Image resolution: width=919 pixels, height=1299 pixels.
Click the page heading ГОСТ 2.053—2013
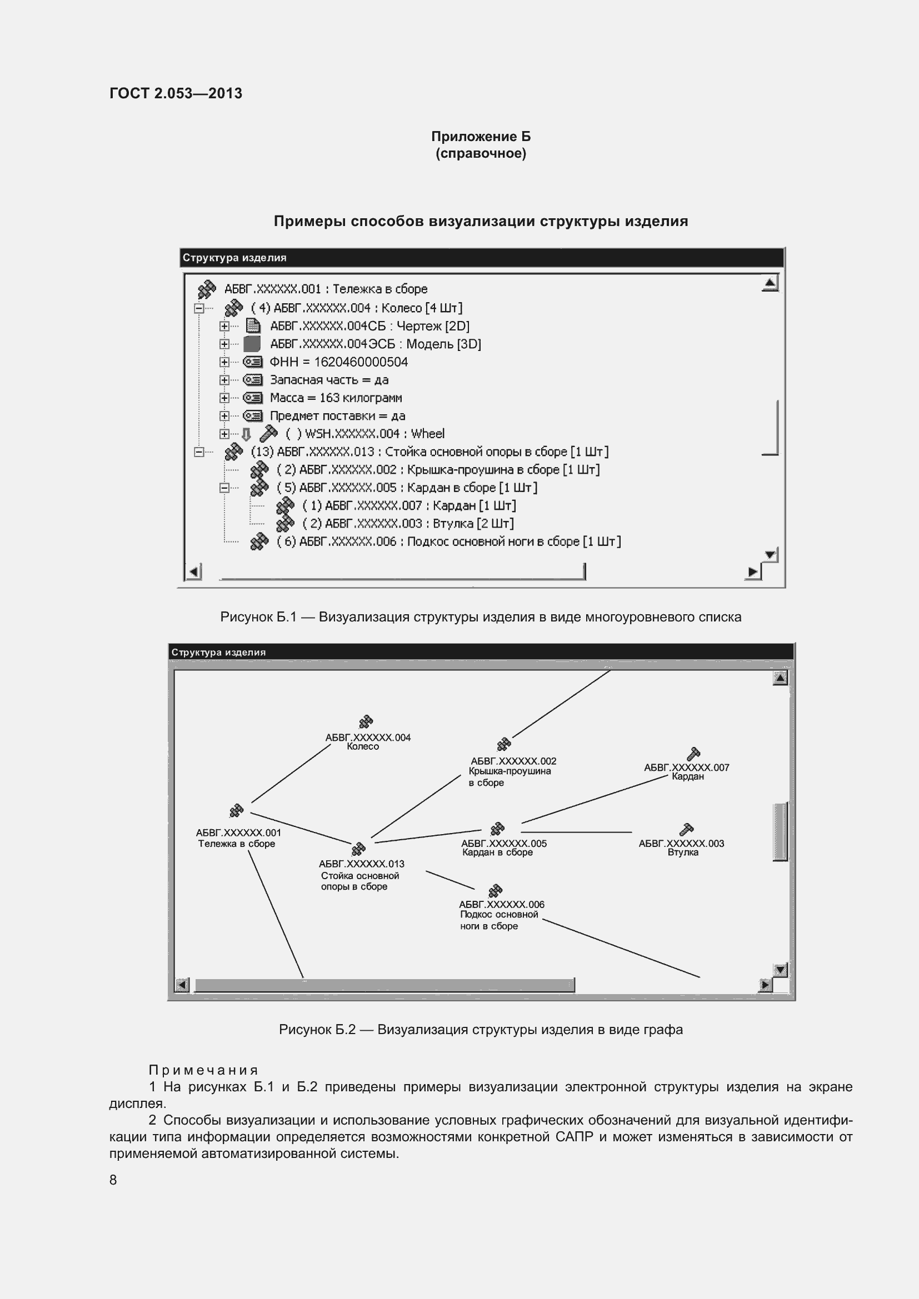click(x=176, y=93)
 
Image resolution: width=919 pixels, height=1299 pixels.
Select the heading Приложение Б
click(x=481, y=137)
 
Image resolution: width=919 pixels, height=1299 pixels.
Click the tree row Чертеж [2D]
click(x=369, y=326)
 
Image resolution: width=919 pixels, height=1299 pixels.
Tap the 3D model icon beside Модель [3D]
click(x=252, y=344)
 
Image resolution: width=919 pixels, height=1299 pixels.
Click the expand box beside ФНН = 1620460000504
click(x=224, y=362)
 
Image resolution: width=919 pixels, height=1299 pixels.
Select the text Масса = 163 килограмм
click(x=336, y=398)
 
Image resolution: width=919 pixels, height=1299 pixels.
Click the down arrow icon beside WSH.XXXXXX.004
click(x=246, y=434)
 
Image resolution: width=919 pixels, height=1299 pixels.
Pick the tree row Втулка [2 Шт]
click(x=407, y=523)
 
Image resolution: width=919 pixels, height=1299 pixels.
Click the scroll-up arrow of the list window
click(x=770, y=283)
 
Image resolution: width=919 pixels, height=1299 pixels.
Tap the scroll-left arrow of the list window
click(x=193, y=571)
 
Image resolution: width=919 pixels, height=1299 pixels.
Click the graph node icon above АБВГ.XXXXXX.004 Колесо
click(x=366, y=722)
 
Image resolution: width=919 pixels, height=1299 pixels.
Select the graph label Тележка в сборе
click(x=237, y=844)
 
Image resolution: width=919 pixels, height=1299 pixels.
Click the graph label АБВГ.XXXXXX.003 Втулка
click(x=681, y=847)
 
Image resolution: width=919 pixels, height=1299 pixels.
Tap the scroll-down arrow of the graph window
click(x=780, y=970)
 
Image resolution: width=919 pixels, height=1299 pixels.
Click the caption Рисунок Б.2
click(x=481, y=1029)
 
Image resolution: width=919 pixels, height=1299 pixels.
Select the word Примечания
click(x=203, y=1070)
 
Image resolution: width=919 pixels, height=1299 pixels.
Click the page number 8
click(x=113, y=1180)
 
